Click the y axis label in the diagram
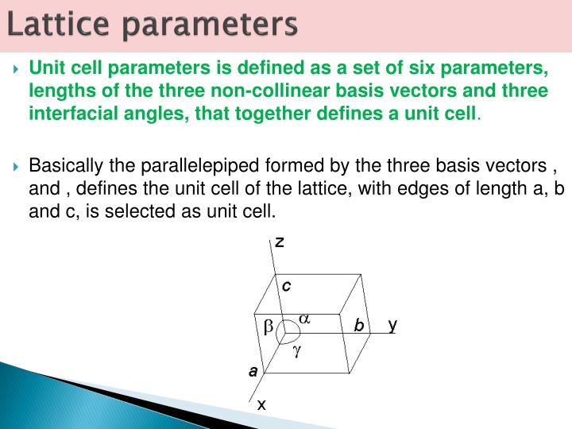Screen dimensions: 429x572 click(392, 324)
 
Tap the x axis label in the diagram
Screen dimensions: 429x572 click(261, 405)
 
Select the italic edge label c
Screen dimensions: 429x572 click(287, 284)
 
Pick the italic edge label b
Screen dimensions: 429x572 click(359, 325)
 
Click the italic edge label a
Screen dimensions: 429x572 click(253, 371)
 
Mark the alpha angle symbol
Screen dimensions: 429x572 click(303, 319)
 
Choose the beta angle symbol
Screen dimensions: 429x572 click(268, 327)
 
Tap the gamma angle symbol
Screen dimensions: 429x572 click(296, 350)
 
